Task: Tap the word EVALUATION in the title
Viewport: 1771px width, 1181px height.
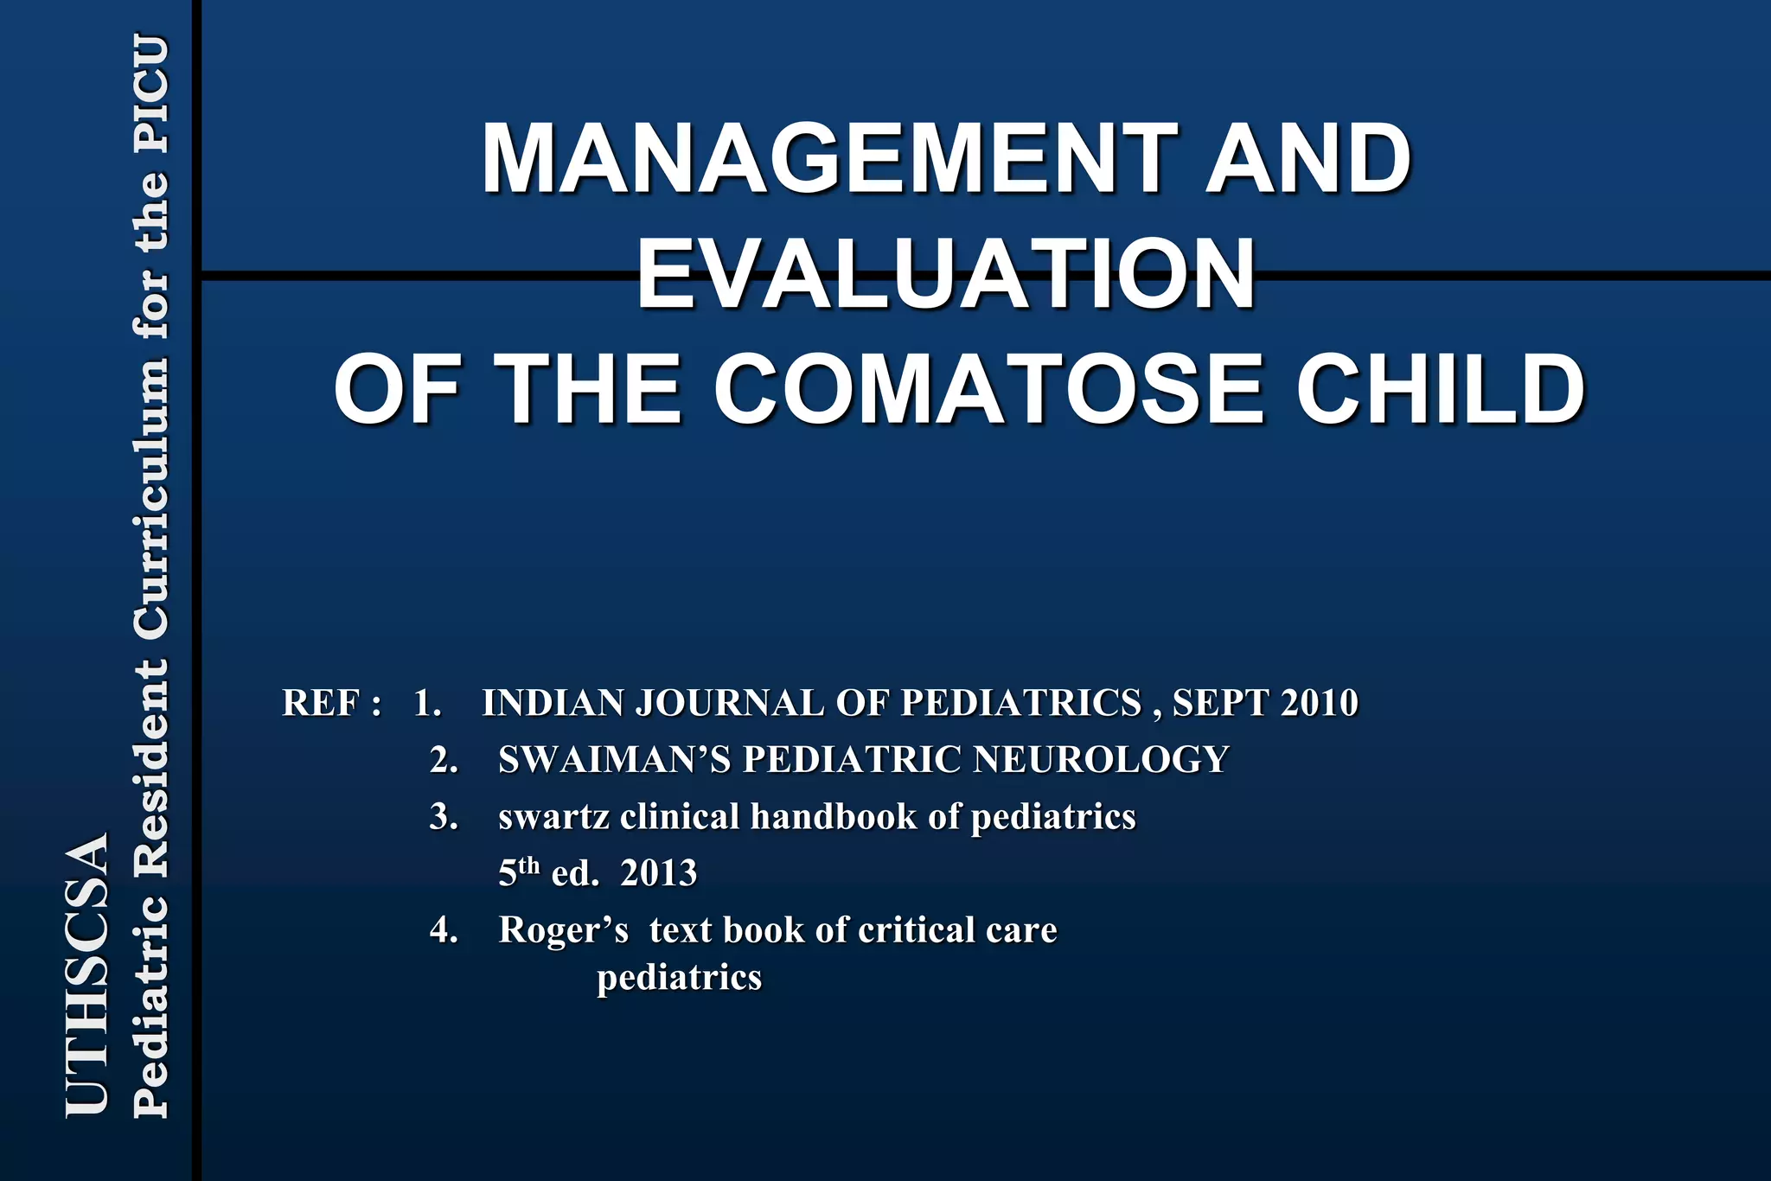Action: pyautogui.click(x=945, y=275)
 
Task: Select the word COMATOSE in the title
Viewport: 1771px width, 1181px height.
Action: pyautogui.click(x=988, y=390)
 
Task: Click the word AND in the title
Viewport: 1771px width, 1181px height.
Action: pyautogui.click(x=1307, y=159)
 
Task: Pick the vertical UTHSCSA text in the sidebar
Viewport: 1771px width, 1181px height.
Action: pyautogui.click(x=87, y=974)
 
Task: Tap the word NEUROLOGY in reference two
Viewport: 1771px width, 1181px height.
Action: pyautogui.click(x=1101, y=760)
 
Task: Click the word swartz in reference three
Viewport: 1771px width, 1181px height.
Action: pyautogui.click(x=553, y=817)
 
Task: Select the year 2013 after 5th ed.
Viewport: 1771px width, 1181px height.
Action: pyautogui.click(x=658, y=873)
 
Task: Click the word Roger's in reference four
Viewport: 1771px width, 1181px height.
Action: pyautogui.click(x=563, y=930)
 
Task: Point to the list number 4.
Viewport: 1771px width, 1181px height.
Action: pyautogui.click(x=443, y=930)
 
